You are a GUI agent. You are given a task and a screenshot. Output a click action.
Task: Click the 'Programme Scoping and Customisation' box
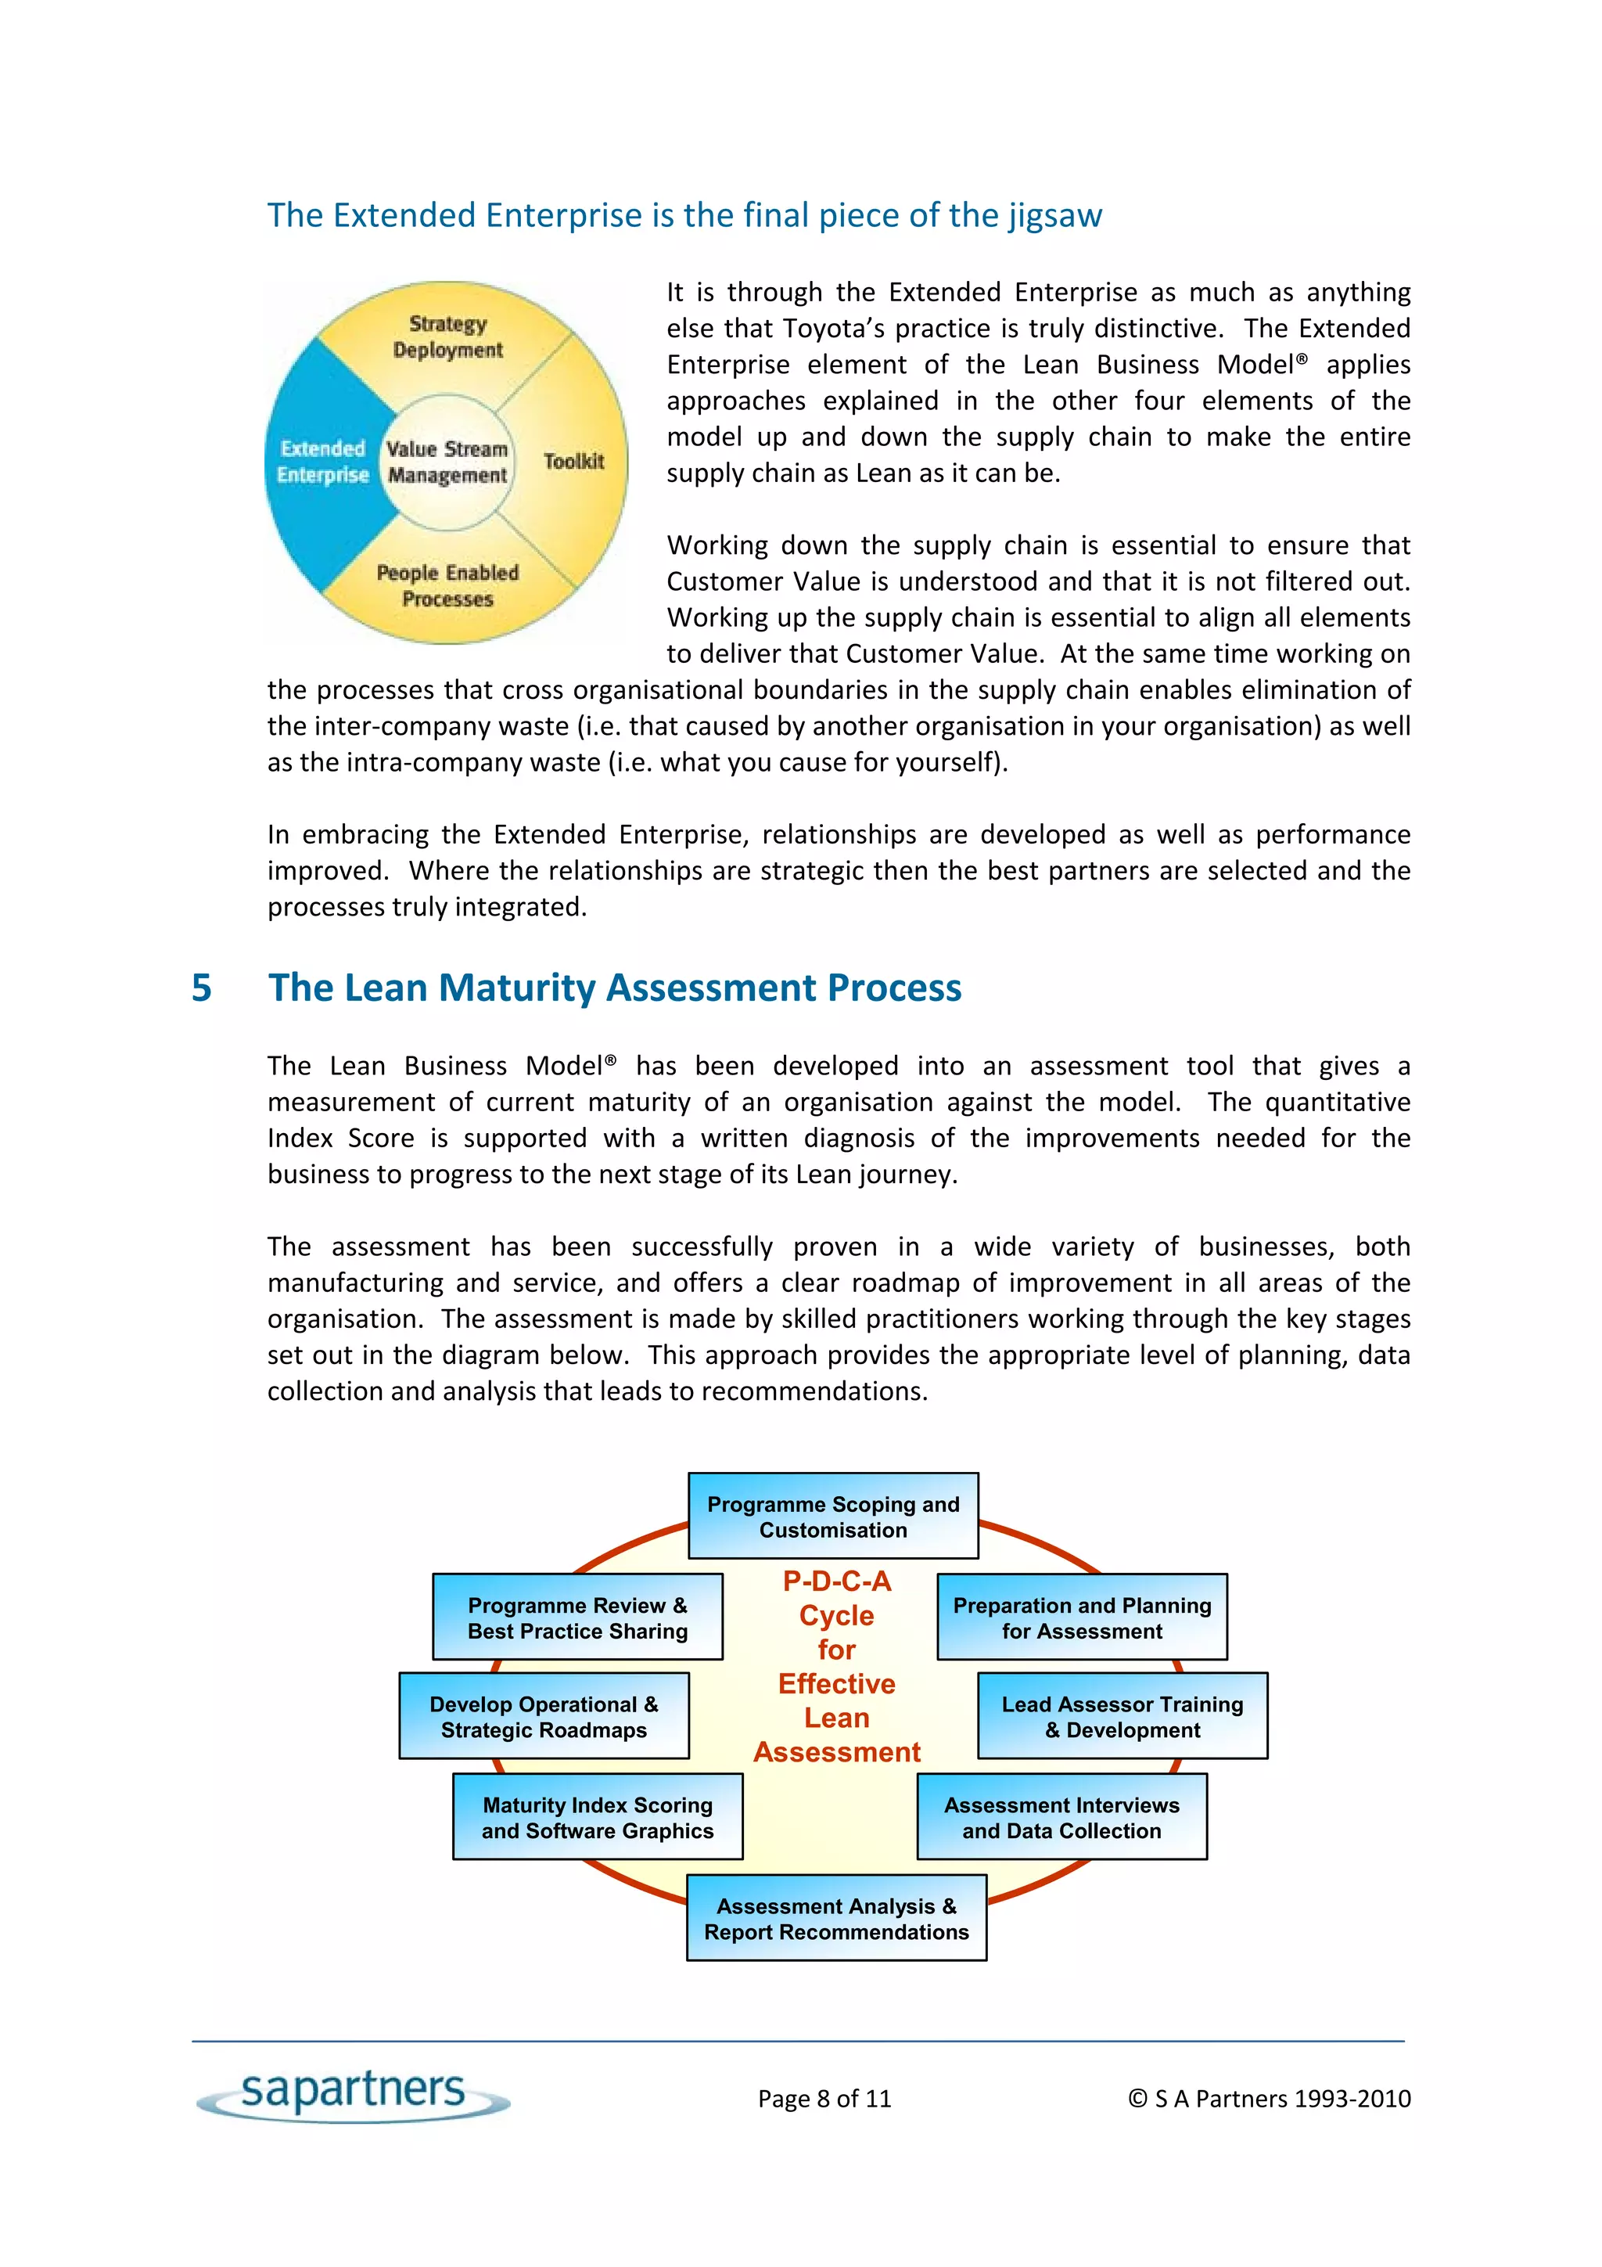point(832,1517)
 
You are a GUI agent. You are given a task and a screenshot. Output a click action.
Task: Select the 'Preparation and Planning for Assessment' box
point(1081,1617)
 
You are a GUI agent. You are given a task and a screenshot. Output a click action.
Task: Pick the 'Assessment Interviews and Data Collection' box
point(1061,1817)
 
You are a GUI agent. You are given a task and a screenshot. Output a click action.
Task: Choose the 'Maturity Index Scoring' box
point(597,1817)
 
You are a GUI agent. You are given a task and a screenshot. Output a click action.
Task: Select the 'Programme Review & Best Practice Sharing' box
point(577,1617)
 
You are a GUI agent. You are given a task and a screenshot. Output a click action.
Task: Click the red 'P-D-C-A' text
point(836,1581)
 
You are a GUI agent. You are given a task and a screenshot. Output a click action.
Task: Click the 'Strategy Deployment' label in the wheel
point(447,336)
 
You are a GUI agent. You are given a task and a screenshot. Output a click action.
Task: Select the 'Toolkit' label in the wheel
point(573,461)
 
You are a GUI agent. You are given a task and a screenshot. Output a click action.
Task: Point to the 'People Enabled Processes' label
point(447,585)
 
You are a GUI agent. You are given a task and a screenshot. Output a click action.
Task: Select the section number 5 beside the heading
point(201,988)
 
